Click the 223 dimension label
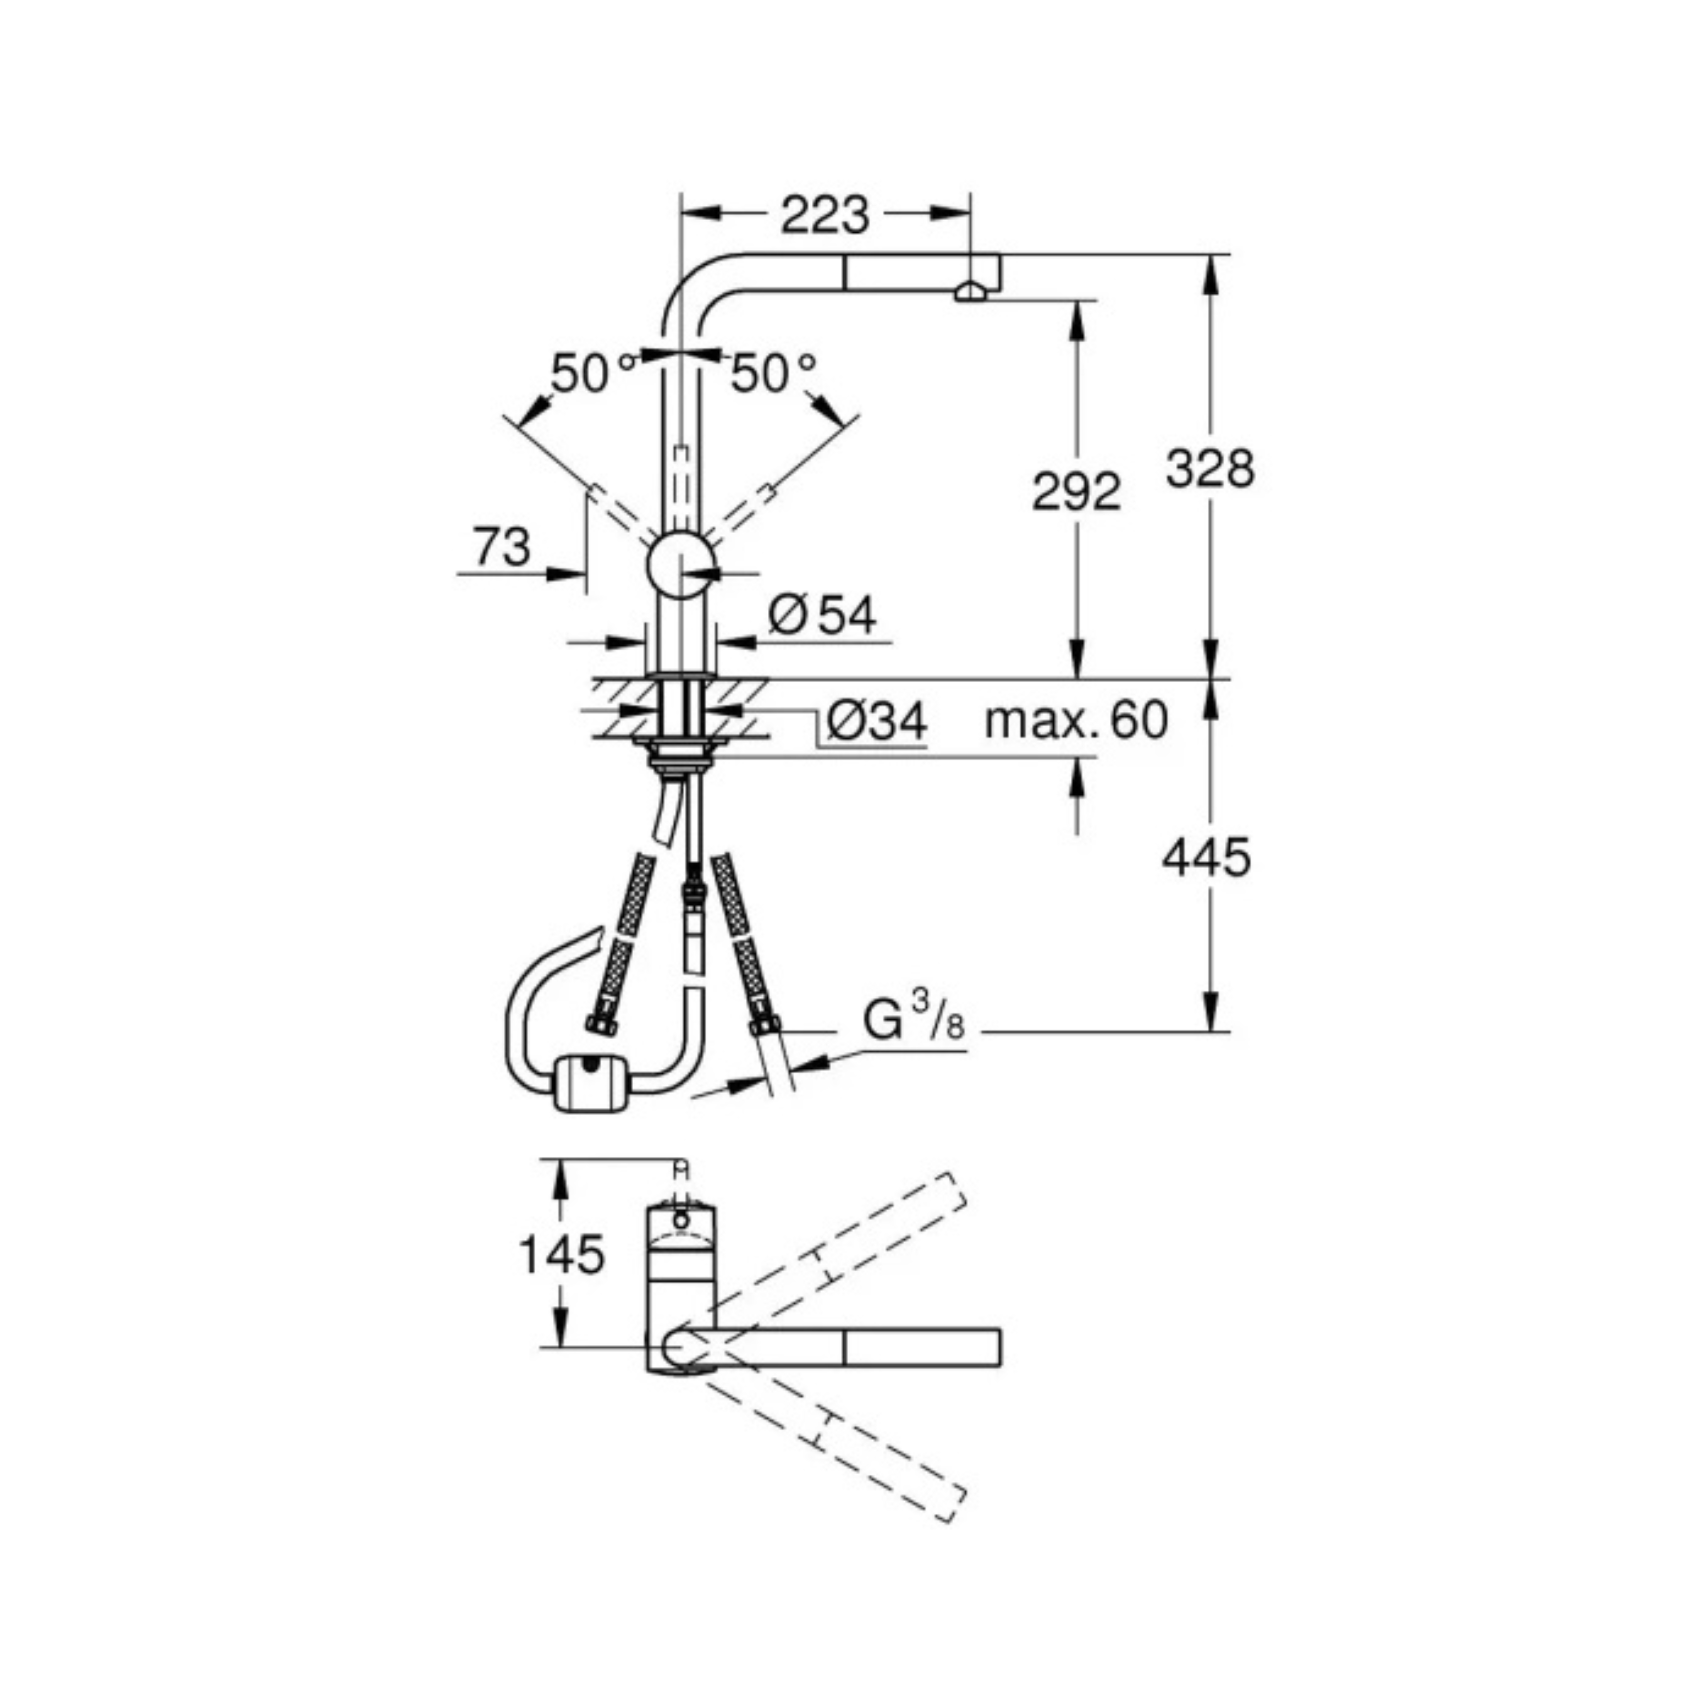click(824, 214)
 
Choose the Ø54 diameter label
click(822, 615)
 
